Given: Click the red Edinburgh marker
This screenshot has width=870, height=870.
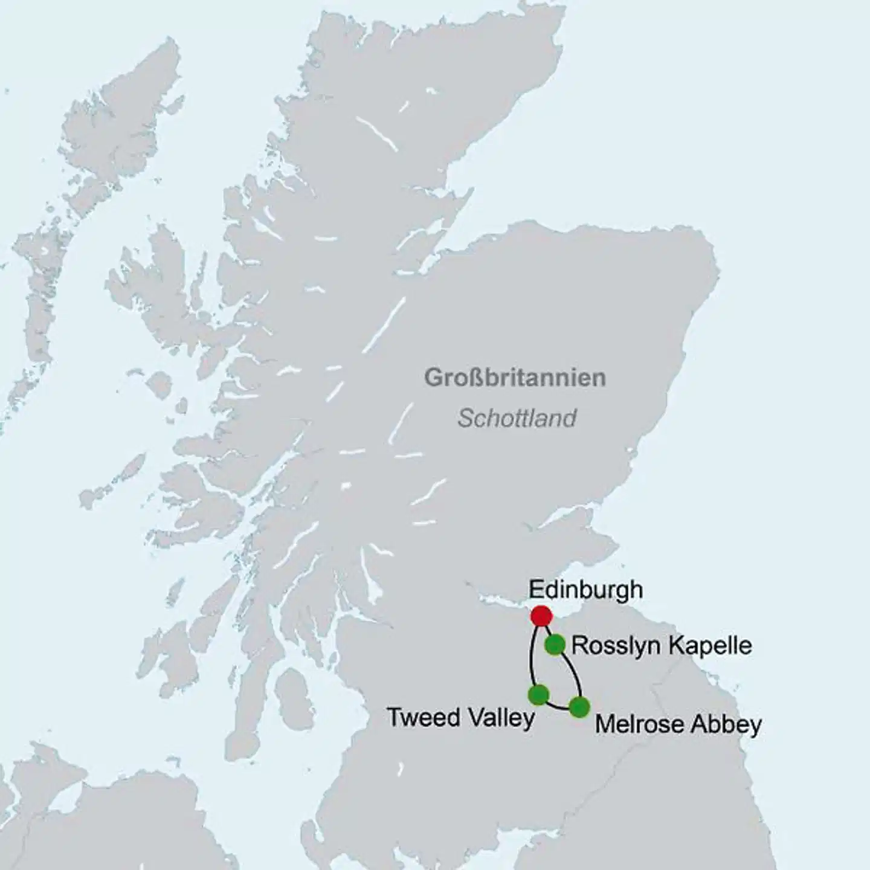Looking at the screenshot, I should tap(541, 616).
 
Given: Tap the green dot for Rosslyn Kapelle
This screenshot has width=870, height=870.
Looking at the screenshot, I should tap(555, 645).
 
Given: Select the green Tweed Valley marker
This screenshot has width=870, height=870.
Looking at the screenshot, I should tap(538, 694).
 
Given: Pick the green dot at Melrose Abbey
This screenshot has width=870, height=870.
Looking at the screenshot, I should tap(579, 706).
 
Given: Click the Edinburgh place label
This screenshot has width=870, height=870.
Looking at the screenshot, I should tap(585, 590).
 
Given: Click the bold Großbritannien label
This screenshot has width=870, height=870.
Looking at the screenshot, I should tap(515, 378).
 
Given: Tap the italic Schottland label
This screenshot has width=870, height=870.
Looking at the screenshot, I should tap(517, 418).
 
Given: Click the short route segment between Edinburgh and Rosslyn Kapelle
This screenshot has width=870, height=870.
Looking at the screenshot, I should tap(547, 630).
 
